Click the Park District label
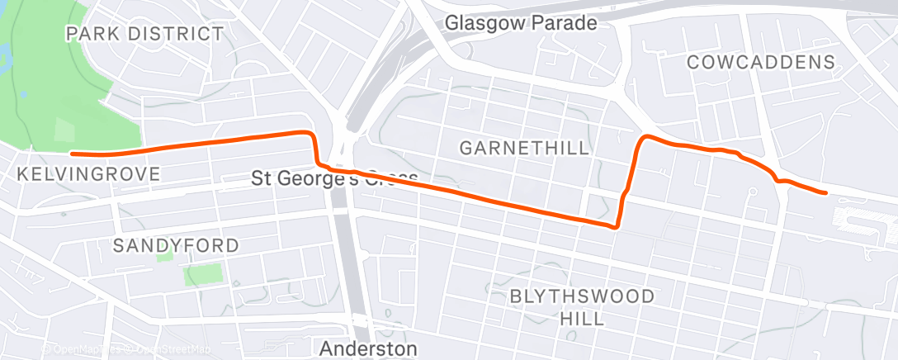pos(145,34)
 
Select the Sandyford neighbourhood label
pos(175,245)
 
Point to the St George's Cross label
pos(335,178)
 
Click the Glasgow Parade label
pos(520,23)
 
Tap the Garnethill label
pos(524,149)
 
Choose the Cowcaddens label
pos(760,62)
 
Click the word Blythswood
pos(583,296)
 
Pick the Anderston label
pos(368,348)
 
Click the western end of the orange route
pos(73,154)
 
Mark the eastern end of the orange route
pos(825,192)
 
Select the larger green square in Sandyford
pos(204,275)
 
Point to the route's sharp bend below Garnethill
pos(616,225)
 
